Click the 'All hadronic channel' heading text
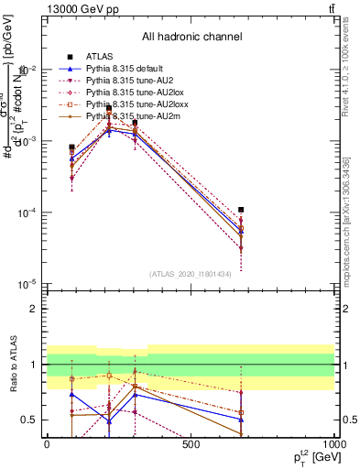(191, 37)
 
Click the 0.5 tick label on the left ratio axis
(28, 420)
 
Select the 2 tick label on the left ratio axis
(33, 309)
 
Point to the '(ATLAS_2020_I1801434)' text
(190, 274)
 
